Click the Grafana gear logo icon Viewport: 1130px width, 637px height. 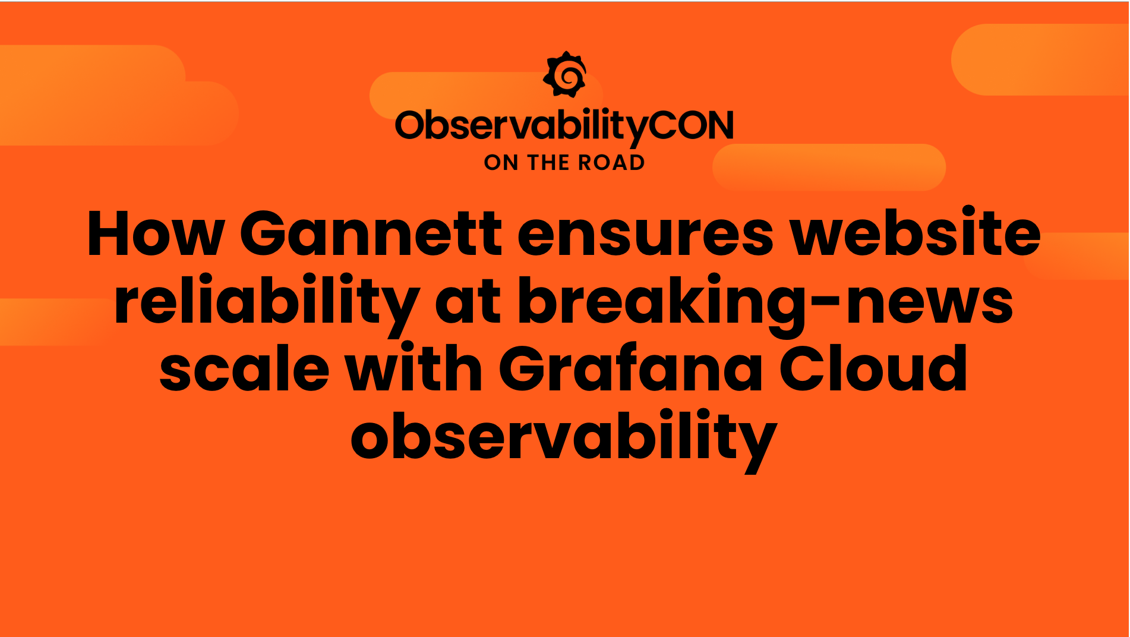coord(565,74)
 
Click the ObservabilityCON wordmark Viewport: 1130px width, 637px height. coord(564,125)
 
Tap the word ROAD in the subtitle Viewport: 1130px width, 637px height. coord(611,163)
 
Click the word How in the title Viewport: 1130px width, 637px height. coord(156,234)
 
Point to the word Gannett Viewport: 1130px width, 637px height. coord(371,234)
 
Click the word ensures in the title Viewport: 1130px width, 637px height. coord(645,234)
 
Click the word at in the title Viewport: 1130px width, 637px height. coord(468,302)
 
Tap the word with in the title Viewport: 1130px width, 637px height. coord(414,368)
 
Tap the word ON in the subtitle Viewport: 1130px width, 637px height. coord(501,163)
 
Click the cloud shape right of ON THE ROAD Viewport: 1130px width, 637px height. coord(829,167)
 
